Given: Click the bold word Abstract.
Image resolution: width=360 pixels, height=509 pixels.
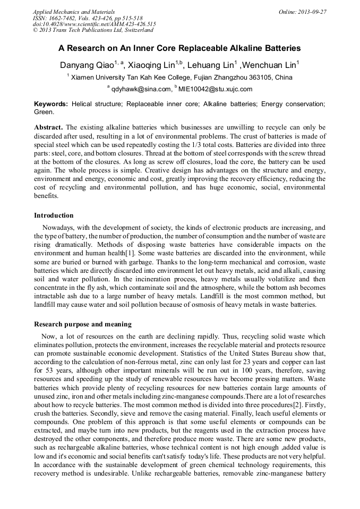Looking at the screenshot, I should click(48, 128).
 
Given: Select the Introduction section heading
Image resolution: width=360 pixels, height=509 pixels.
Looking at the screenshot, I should click(54, 215).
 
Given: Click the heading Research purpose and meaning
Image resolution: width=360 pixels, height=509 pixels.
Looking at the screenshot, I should click(83, 324).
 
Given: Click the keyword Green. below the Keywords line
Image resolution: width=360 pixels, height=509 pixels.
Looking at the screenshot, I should click(44, 112).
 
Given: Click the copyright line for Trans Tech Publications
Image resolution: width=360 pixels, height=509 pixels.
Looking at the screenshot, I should click(93, 30).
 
